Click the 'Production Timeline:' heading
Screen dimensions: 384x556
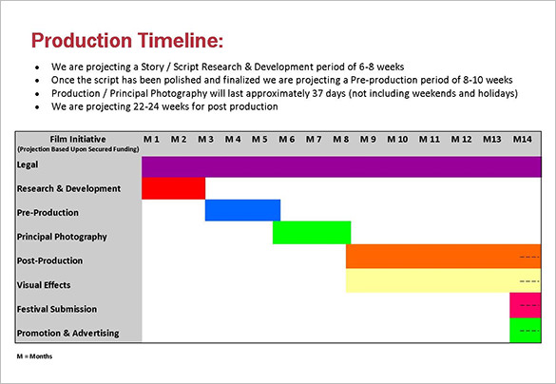click(x=127, y=40)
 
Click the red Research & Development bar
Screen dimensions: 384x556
click(x=173, y=188)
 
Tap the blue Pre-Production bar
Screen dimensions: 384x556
click(x=242, y=210)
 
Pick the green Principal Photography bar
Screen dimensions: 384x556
click(x=312, y=233)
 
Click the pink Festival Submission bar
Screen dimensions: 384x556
click(x=525, y=305)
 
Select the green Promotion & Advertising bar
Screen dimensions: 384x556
click(x=525, y=330)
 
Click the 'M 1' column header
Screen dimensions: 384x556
click(x=152, y=140)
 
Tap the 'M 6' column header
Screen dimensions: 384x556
click(x=286, y=140)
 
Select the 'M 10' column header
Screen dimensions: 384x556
click(x=397, y=140)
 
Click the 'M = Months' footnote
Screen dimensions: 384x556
click(x=34, y=355)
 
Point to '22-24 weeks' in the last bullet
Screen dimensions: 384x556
click(x=129, y=106)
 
